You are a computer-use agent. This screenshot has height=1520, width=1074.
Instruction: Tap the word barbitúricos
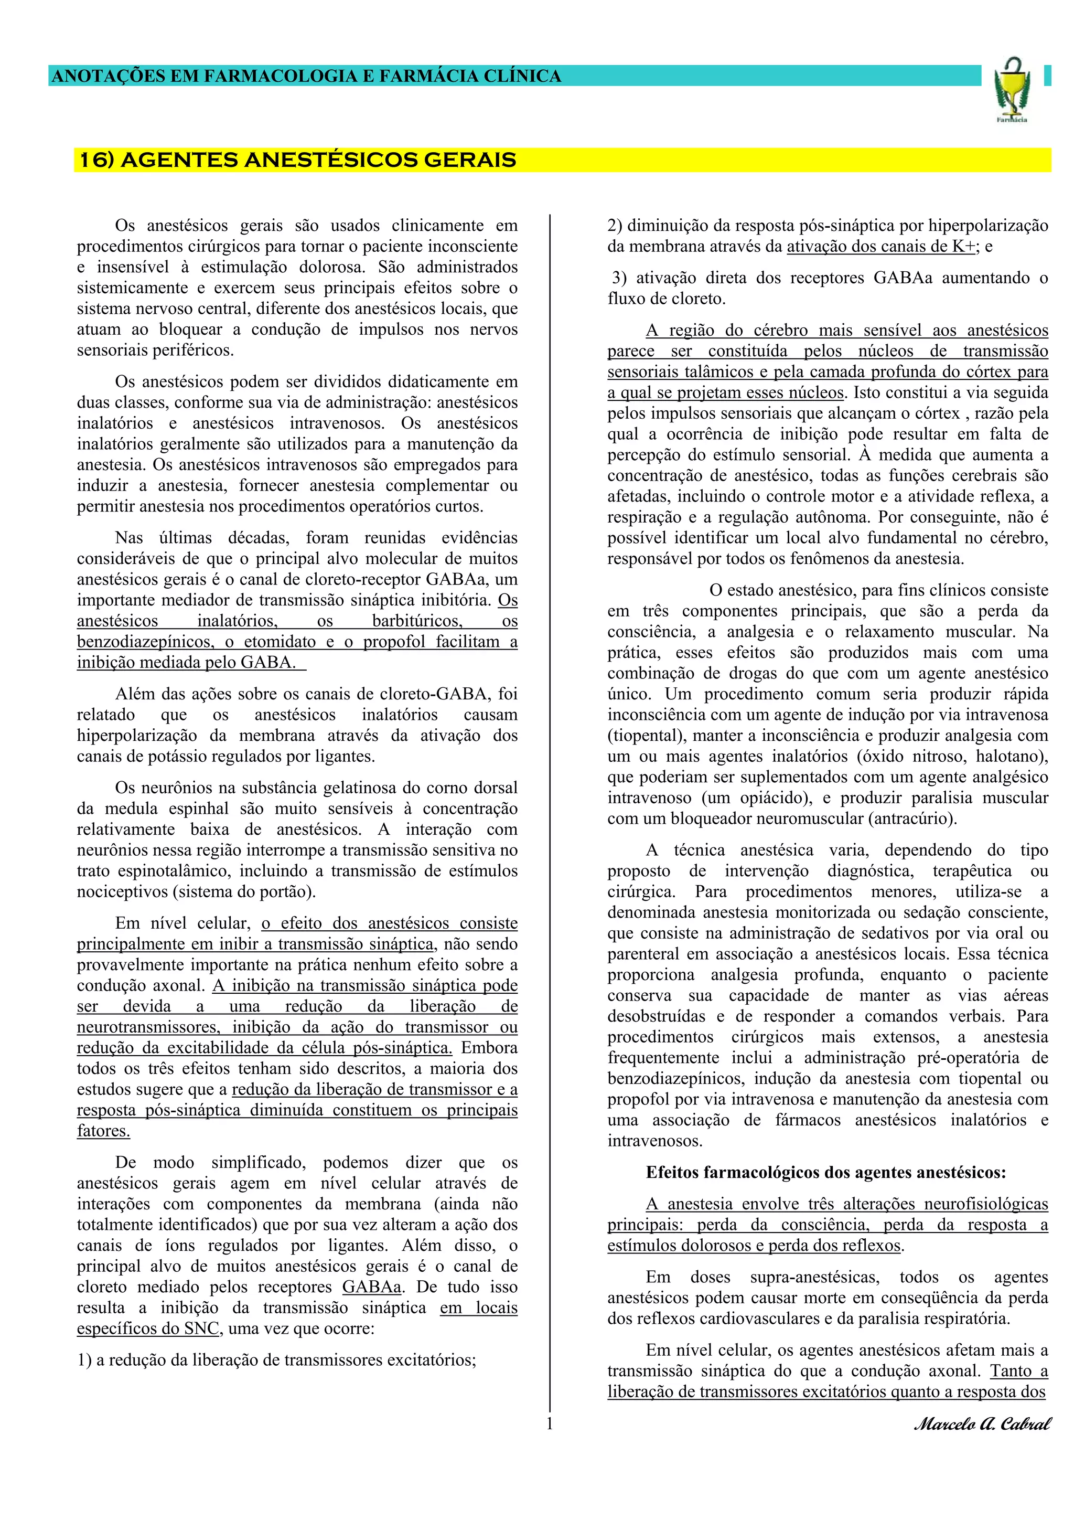click(417, 621)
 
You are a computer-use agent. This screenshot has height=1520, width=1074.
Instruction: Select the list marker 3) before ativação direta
click(619, 278)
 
